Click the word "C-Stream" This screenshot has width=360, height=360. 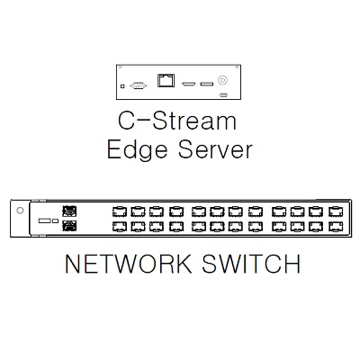[x=177, y=121]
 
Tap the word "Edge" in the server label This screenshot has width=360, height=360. [x=137, y=150]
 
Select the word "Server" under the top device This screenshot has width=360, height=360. [x=215, y=149]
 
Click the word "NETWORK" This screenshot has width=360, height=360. [x=129, y=264]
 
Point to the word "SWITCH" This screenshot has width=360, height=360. [x=251, y=264]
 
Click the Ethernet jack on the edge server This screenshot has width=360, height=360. [x=166, y=80]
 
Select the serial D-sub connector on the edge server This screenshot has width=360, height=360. [x=139, y=85]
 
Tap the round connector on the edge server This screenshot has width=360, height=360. [x=222, y=80]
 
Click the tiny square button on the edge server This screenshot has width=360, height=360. [x=122, y=86]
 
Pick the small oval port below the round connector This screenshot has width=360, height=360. [x=223, y=95]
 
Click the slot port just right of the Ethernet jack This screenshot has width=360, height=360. [x=189, y=84]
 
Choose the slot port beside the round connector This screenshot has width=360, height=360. [x=207, y=84]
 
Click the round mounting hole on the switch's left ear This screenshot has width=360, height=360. [x=20, y=211]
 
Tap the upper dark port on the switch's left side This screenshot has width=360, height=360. [x=69, y=211]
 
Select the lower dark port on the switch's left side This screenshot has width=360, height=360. [x=69, y=226]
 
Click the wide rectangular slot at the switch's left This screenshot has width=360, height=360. [x=45, y=220]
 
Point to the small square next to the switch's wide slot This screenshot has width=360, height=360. [x=55, y=220]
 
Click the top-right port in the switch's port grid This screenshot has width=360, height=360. [x=337, y=211]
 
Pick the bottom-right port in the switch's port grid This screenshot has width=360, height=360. [x=337, y=226]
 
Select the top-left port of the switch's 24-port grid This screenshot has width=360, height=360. [x=120, y=211]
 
